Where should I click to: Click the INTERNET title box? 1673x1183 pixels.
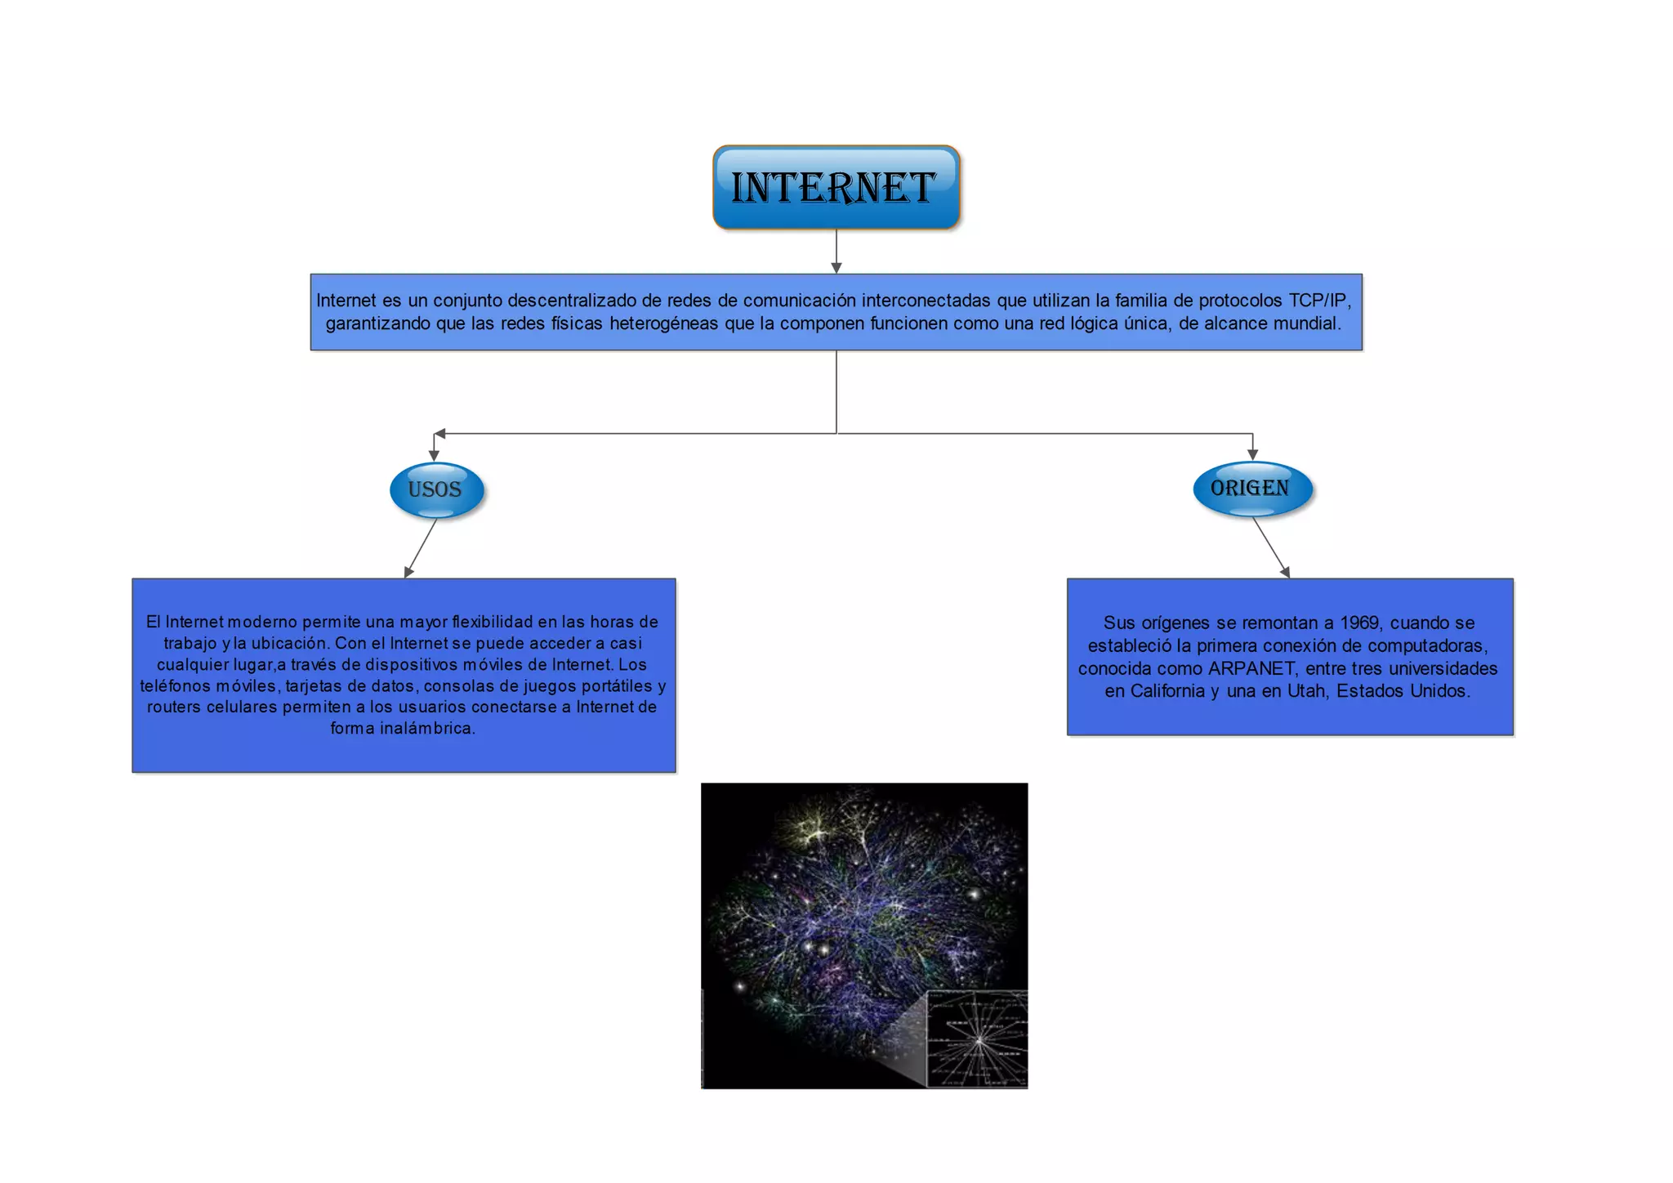pos(836,187)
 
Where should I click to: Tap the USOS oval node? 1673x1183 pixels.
pos(436,490)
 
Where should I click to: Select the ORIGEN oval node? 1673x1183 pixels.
pos(1251,489)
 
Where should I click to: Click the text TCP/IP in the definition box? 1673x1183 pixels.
pos(1318,301)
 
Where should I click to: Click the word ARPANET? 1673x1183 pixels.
pos(1251,669)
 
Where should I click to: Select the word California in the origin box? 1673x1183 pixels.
pos(1169,691)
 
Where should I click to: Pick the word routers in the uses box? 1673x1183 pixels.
pos(174,707)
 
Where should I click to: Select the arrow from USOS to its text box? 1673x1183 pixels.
pos(421,549)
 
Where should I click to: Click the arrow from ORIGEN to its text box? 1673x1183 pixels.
pos(1271,549)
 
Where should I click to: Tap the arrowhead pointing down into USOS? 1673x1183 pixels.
pos(434,454)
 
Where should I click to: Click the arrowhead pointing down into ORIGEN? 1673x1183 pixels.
pos(1252,454)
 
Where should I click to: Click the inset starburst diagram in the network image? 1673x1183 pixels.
pos(977,1039)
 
